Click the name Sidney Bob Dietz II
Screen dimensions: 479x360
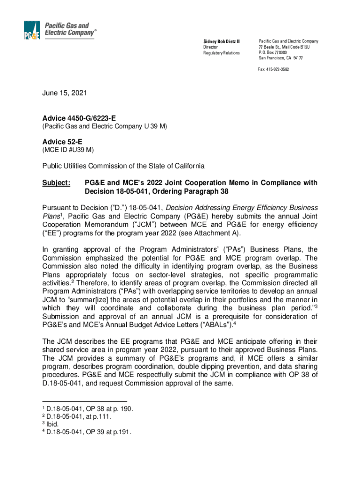(221, 42)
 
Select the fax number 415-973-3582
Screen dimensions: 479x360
(274, 69)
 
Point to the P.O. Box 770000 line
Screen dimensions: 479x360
(274, 53)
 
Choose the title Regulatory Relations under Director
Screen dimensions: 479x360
(221, 53)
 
